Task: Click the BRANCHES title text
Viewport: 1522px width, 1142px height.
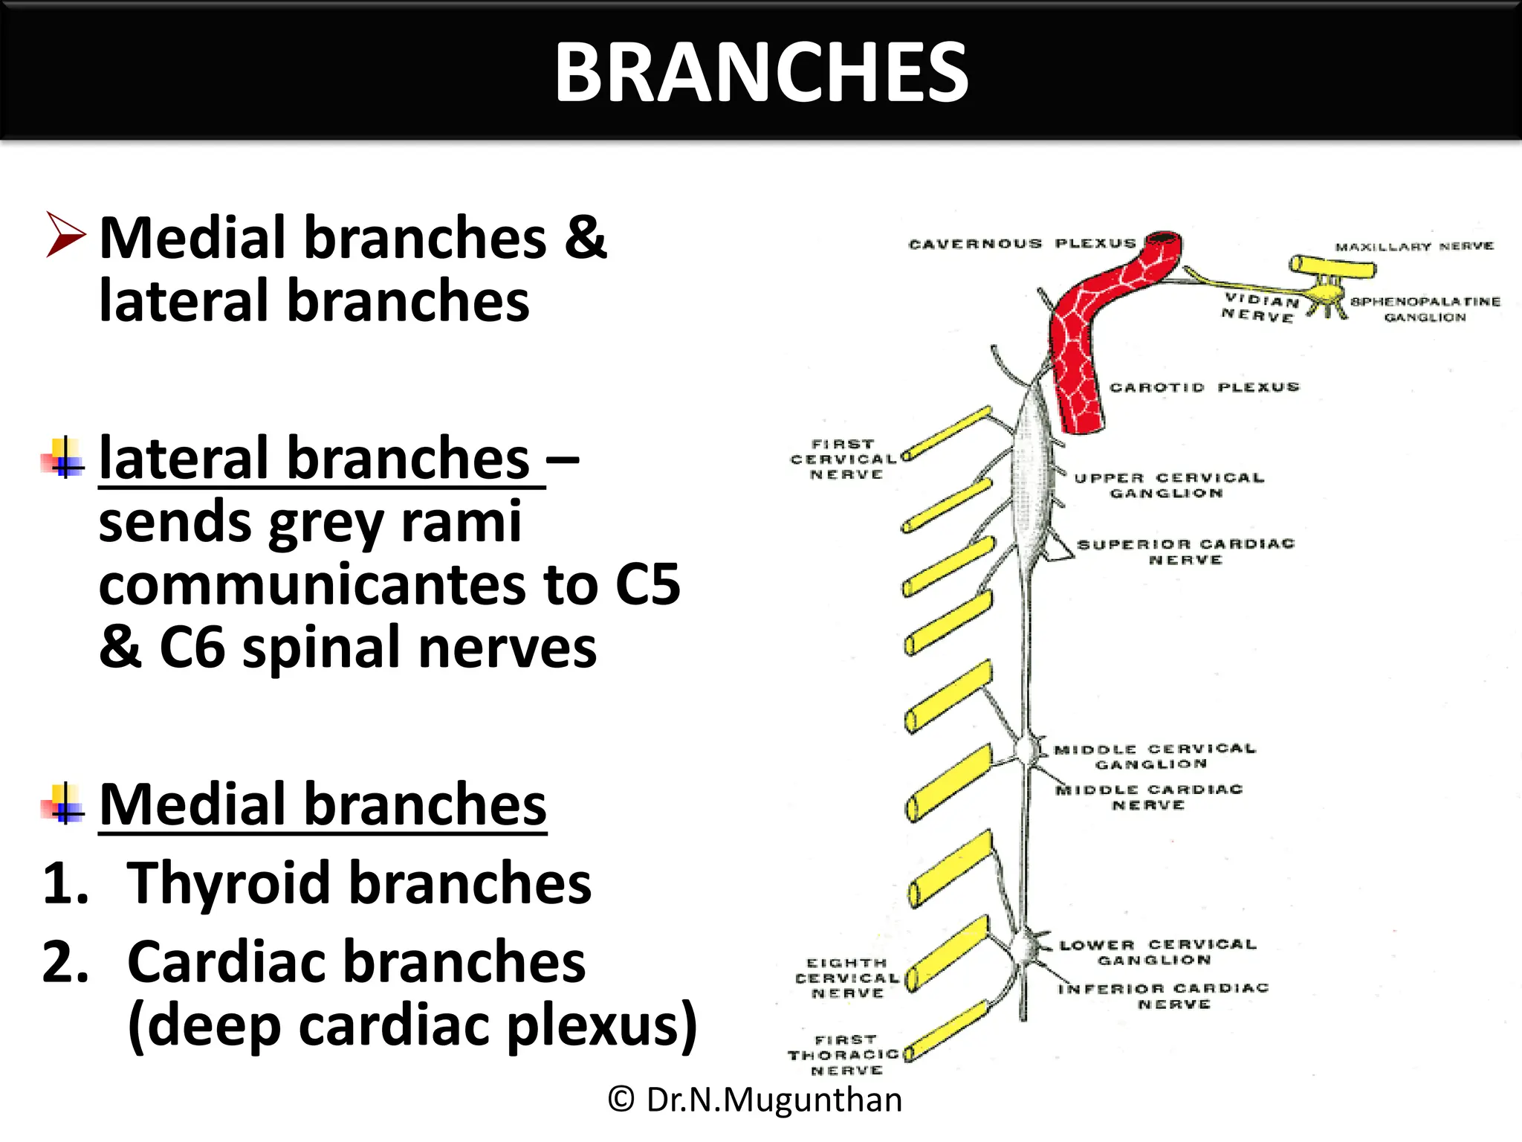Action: (761, 72)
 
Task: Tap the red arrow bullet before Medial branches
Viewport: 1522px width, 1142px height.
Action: (65, 235)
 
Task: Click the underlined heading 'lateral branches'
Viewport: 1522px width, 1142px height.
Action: (314, 459)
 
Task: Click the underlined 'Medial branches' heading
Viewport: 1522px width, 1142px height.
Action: (323, 805)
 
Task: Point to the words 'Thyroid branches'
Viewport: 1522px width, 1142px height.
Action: (359, 883)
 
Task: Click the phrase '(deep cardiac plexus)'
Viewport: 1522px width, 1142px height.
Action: (412, 1026)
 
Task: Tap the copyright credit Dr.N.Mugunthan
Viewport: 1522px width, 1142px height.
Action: (754, 1100)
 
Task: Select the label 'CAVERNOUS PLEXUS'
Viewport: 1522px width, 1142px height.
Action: (1022, 244)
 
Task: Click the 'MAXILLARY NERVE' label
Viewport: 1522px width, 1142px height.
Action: (1413, 246)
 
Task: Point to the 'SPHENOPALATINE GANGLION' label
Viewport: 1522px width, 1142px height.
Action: (1425, 309)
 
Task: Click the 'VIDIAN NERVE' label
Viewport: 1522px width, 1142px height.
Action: (1260, 308)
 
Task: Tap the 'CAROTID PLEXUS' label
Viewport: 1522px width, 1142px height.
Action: (1204, 387)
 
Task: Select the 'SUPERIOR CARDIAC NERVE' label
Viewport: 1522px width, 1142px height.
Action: (1185, 552)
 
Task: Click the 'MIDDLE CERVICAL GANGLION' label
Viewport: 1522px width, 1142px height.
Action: (1154, 756)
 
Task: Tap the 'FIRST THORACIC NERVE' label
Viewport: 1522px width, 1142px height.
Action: (845, 1055)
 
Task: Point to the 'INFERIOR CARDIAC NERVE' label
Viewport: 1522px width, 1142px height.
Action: (1164, 996)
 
